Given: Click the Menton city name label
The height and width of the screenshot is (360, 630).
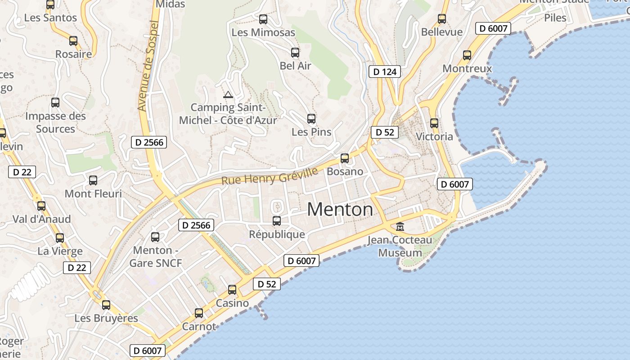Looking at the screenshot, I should pyautogui.click(x=340, y=210).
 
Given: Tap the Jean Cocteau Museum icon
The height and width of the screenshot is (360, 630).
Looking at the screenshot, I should pyautogui.click(x=400, y=226).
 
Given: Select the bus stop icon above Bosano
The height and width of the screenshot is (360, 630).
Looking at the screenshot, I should pyautogui.click(x=345, y=158).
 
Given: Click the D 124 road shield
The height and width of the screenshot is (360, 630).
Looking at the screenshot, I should pyautogui.click(x=385, y=72).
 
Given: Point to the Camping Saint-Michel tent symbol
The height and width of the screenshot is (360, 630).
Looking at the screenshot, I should pyautogui.click(x=228, y=94).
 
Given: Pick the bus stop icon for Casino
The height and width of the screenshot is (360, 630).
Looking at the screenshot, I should pyautogui.click(x=232, y=290).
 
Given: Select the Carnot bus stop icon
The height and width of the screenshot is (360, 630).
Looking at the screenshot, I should pyautogui.click(x=199, y=313).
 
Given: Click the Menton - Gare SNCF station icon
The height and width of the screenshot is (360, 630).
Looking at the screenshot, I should pyautogui.click(x=155, y=237).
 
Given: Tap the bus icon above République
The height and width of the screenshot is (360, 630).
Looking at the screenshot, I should pyautogui.click(x=277, y=221).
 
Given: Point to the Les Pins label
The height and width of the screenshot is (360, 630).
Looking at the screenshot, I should pyautogui.click(x=311, y=132).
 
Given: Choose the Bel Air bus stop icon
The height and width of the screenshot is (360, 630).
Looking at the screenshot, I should pyautogui.click(x=295, y=53).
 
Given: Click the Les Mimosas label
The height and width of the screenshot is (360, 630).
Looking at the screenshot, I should pyautogui.click(x=263, y=32).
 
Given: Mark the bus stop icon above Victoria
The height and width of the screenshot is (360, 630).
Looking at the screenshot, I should pyautogui.click(x=434, y=123).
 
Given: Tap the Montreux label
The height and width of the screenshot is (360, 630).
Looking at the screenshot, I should pyautogui.click(x=467, y=69).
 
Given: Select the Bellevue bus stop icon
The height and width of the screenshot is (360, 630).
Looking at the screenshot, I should pyautogui.click(x=442, y=19).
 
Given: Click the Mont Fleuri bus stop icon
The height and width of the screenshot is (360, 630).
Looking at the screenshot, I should pyautogui.click(x=93, y=180).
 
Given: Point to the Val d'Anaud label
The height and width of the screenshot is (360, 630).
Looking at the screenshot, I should pyautogui.click(x=41, y=219).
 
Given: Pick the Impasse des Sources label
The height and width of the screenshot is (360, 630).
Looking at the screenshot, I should pyautogui.click(x=55, y=122).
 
